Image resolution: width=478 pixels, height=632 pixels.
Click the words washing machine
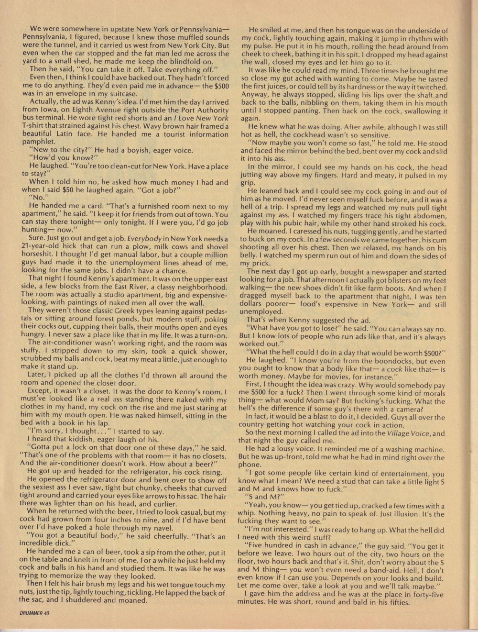415,450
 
